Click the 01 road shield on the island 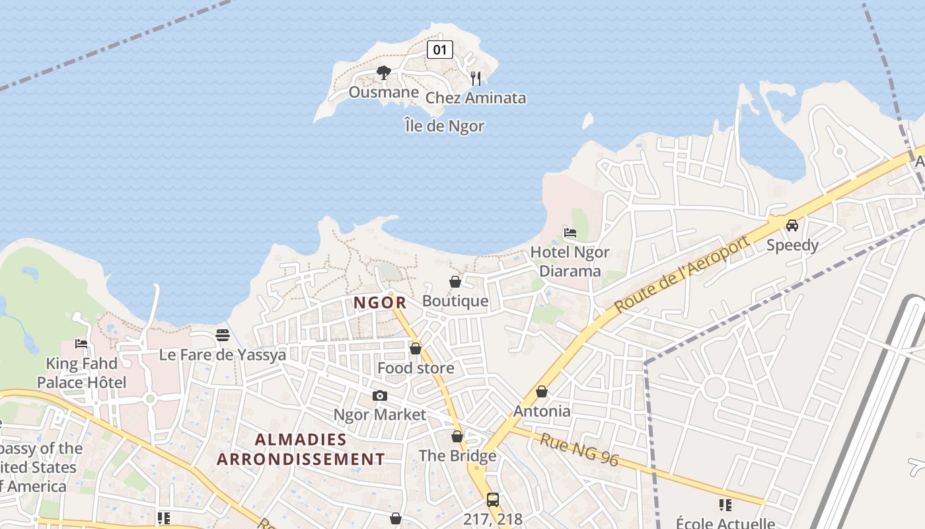point(440,49)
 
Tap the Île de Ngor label point(445,126)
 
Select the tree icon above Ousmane point(383,72)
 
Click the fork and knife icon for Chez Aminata point(476,78)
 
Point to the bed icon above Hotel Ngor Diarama point(570,232)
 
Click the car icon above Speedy point(792,225)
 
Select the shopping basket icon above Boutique point(455,282)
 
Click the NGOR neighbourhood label point(380,303)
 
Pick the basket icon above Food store point(416,348)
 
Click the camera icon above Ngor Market point(380,395)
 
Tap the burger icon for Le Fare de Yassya point(223,335)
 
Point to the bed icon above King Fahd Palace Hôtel point(81,343)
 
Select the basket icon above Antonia point(542,391)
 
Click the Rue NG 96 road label point(579,450)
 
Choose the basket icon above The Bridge point(457,436)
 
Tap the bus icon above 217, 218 point(493,499)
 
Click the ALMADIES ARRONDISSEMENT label point(301,449)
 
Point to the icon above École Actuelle point(725,505)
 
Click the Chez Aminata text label point(476,98)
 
